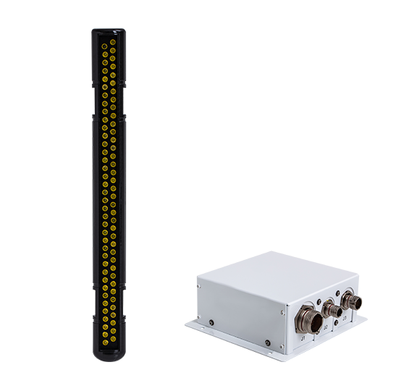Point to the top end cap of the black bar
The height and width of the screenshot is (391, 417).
[108, 32]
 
